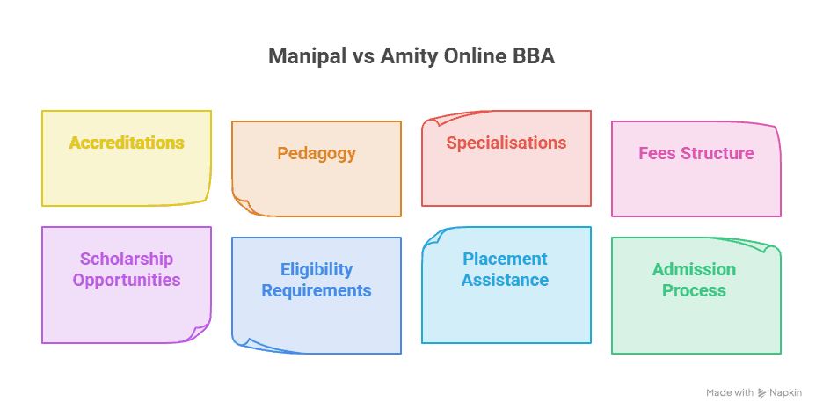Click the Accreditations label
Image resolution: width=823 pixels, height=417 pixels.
tap(127, 143)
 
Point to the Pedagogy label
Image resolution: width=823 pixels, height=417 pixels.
tap(317, 153)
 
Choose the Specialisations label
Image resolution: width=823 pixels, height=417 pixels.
tap(506, 143)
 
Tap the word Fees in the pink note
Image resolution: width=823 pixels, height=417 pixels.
tap(657, 153)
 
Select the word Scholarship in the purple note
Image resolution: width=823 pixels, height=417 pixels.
tap(127, 259)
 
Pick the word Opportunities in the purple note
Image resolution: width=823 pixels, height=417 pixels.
tap(127, 280)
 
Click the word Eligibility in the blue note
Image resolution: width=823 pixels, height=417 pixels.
tap(317, 269)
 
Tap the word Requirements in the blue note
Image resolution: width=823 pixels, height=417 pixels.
tap(317, 290)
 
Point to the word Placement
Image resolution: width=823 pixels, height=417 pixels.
tap(505, 259)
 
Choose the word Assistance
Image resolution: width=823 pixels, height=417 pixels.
tap(505, 280)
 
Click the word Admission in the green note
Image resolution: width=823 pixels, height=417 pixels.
tap(694, 269)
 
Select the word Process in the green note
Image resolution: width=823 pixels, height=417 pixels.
tap(694, 290)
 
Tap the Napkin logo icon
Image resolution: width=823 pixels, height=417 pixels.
tap(761, 393)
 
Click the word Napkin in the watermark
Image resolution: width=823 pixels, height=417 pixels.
tap(786, 393)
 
